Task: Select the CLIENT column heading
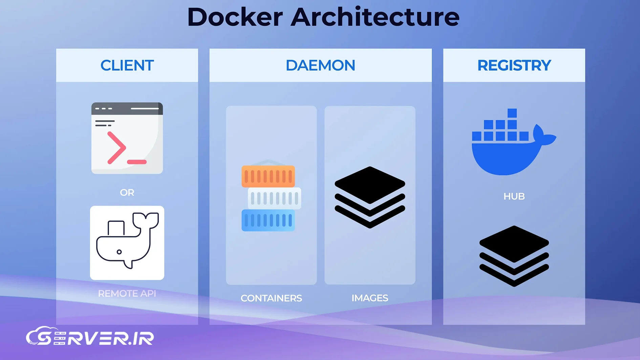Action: [127, 65]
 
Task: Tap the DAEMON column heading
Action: [320, 65]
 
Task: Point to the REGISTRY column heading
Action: [514, 65]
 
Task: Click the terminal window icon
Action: [127, 138]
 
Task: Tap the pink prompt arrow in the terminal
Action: [116, 148]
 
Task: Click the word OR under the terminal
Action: [127, 193]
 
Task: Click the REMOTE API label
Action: [127, 293]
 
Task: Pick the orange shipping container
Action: [268, 176]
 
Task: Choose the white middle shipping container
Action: [274, 198]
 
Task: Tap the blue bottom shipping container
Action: [268, 220]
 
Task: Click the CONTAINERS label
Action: [271, 298]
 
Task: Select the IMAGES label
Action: [370, 298]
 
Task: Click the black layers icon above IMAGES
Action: [370, 197]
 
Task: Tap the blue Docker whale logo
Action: [508, 146]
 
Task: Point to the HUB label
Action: [514, 196]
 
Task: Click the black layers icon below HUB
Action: [514, 256]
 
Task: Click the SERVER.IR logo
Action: [90, 337]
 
